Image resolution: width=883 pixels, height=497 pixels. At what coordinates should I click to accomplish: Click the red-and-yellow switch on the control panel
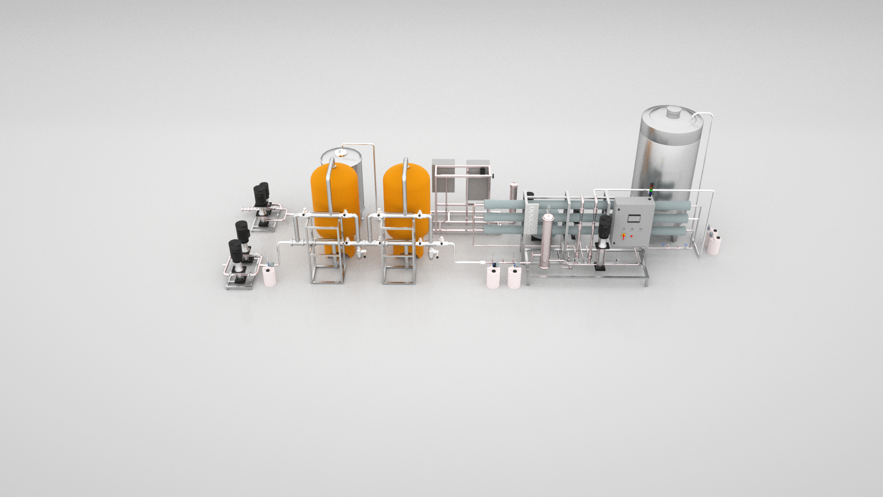pyautogui.click(x=624, y=236)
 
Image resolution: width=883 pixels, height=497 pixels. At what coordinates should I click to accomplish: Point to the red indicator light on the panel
pyautogui.click(x=632, y=236)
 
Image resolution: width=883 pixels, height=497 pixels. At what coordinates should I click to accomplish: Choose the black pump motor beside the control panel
pyautogui.click(x=605, y=227)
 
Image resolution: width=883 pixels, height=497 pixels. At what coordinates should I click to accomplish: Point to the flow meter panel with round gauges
pyautogui.click(x=531, y=219)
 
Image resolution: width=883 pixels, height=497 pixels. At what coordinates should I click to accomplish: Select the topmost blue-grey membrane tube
pyautogui.click(x=504, y=205)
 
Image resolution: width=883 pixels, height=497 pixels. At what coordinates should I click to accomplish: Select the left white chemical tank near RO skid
pyautogui.click(x=493, y=278)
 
